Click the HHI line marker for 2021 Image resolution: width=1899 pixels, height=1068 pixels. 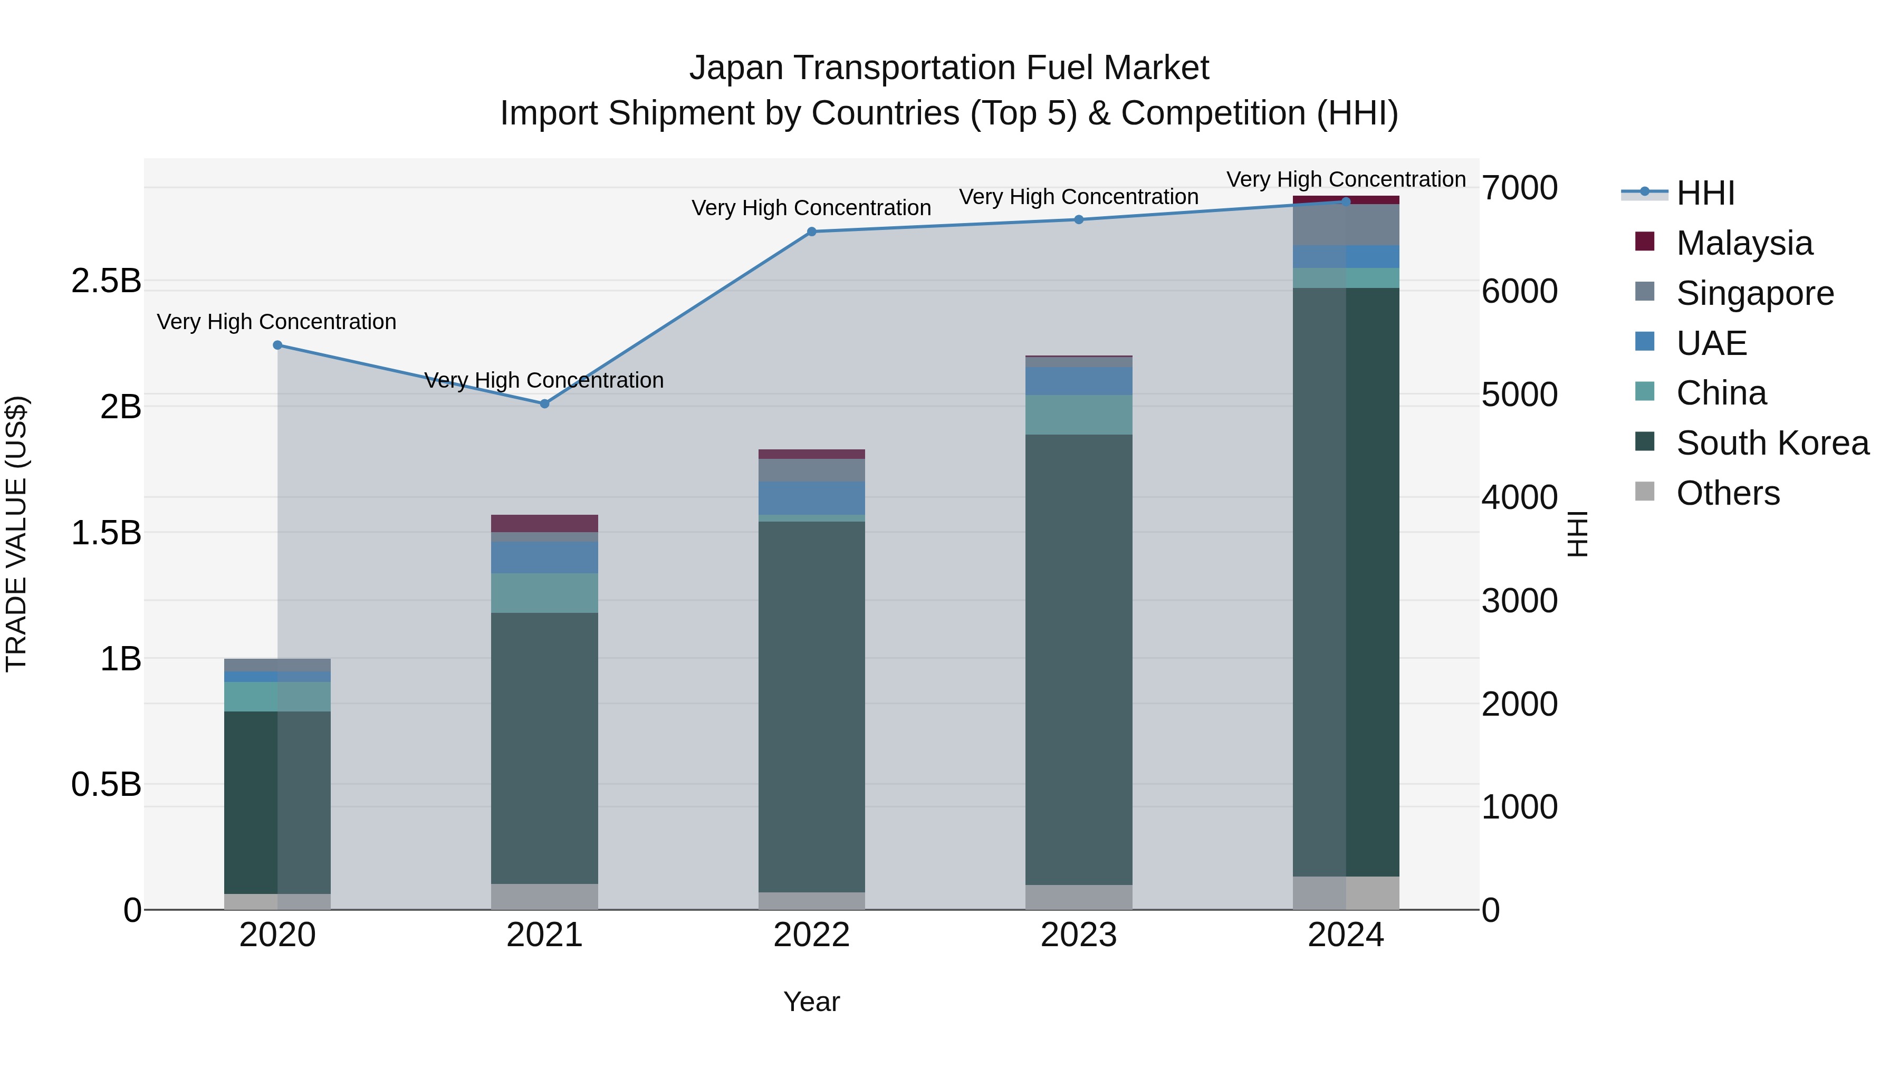(x=545, y=404)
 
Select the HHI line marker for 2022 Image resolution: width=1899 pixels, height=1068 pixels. (x=812, y=232)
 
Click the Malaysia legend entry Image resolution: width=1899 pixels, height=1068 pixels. (x=1744, y=243)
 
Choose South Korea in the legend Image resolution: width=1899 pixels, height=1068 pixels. (x=1772, y=443)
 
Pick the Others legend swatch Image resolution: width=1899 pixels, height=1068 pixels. (x=1645, y=492)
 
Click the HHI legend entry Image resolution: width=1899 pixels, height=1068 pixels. (x=1705, y=193)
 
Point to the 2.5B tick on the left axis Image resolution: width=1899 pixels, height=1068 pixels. (x=105, y=281)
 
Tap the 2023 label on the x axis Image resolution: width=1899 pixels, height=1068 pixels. (x=1079, y=935)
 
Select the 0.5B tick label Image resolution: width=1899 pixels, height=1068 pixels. (x=105, y=784)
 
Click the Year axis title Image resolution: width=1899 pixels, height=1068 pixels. (x=812, y=1002)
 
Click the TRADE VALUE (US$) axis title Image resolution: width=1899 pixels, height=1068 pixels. (x=16, y=534)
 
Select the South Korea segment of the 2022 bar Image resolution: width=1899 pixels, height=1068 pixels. (x=812, y=706)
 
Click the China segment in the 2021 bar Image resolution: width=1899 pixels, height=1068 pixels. (x=545, y=593)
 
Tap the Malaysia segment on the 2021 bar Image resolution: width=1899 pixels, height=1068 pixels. (x=545, y=523)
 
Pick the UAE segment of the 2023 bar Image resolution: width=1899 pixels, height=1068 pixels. (x=1079, y=381)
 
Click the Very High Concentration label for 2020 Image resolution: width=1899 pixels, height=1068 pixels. (x=276, y=322)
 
